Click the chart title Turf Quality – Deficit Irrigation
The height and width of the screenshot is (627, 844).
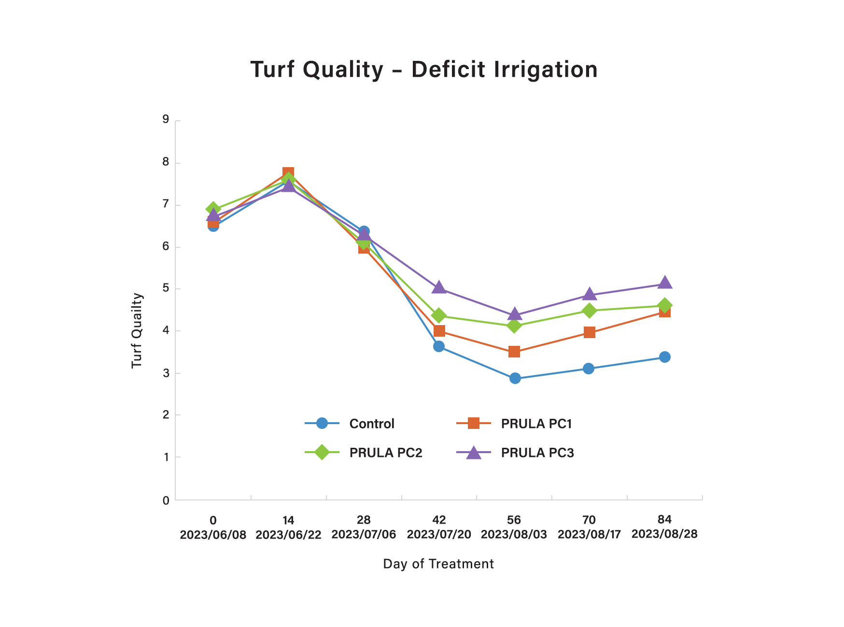(x=424, y=70)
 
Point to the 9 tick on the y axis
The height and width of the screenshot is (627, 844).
(x=166, y=119)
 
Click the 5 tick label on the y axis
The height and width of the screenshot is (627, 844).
(x=166, y=288)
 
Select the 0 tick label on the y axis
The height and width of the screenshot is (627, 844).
(x=166, y=500)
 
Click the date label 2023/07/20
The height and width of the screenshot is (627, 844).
(x=439, y=534)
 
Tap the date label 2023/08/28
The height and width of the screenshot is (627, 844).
(x=664, y=534)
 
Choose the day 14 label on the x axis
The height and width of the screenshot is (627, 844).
(x=288, y=520)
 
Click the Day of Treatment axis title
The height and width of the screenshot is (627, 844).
(x=438, y=564)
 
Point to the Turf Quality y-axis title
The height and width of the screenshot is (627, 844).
(x=137, y=330)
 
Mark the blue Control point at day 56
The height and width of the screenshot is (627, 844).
(x=515, y=378)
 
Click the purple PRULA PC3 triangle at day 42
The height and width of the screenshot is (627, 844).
(x=439, y=288)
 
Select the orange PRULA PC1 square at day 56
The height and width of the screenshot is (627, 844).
(x=514, y=352)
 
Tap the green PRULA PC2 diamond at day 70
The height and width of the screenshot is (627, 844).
(x=589, y=311)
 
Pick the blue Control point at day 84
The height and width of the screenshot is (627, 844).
(x=665, y=357)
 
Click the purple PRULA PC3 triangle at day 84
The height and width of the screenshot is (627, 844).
(x=664, y=283)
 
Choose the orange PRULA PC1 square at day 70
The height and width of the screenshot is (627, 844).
(x=589, y=332)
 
